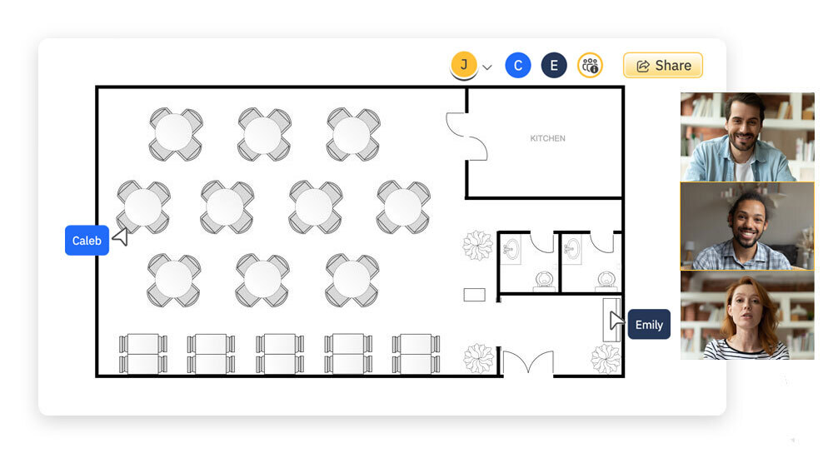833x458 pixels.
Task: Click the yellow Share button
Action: pos(663,66)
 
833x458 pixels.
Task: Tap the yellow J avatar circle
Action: pos(464,64)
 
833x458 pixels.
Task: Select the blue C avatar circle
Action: pos(518,66)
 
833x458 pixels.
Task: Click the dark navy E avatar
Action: pos(554,66)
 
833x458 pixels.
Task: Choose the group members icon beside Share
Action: pos(590,66)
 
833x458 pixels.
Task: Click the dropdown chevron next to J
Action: pos(487,67)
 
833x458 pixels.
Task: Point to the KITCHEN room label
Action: pos(547,138)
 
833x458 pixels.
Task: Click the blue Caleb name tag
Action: pos(87,241)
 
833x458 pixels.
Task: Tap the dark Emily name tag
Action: pos(649,325)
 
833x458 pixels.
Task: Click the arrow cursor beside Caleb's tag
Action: pos(121,237)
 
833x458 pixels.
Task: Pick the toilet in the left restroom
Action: pos(545,279)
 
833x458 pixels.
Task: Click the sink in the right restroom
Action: pos(572,248)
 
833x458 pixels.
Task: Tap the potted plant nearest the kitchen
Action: pos(478,245)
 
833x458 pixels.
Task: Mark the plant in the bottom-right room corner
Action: pos(606,358)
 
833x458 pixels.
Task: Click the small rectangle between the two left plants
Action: pos(475,294)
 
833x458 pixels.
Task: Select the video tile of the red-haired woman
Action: pos(746,316)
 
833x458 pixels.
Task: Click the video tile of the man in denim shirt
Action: pos(746,137)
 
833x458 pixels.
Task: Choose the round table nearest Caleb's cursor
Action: pos(143,207)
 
